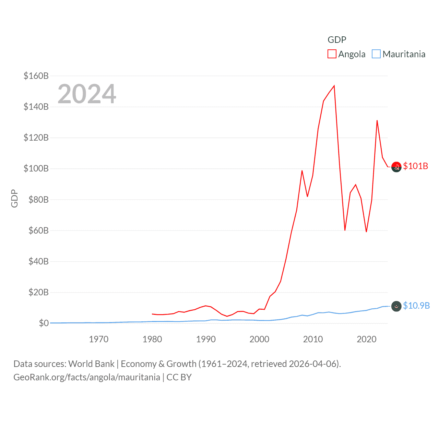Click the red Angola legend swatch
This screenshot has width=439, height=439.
(x=332, y=54)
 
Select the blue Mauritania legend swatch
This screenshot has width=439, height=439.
(x=376, y=54)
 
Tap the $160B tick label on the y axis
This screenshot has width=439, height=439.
(x=36, y=76)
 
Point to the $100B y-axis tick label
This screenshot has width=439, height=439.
(x=36, y=168)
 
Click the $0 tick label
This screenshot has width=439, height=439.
(x=44, y=323)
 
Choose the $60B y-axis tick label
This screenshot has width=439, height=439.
(x=36, y=230)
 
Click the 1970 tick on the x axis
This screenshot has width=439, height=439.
(x=99, y=339)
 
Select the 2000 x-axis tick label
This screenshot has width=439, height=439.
(x=259, y=339)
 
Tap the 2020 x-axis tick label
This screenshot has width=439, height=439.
(x=367, y=339)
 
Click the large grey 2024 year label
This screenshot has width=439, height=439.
(x=87, y=94)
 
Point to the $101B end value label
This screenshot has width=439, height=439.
(x=415, y=166)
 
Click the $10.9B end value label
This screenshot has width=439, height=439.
(x=416, y=306)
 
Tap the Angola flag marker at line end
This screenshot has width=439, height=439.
(x=396, y=167)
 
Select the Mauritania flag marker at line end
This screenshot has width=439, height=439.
(x=396, y=306)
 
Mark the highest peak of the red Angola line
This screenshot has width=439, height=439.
(x=334, y=86)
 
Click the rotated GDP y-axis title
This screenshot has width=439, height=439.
(x=14, y=198)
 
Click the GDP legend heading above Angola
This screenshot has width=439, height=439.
(x=337, y=40)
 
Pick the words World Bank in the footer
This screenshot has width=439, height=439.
(x=91, y=364)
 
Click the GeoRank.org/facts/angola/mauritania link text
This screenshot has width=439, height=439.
(x=87, y=377)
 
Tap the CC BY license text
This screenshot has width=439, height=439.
(x=179, y=377)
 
